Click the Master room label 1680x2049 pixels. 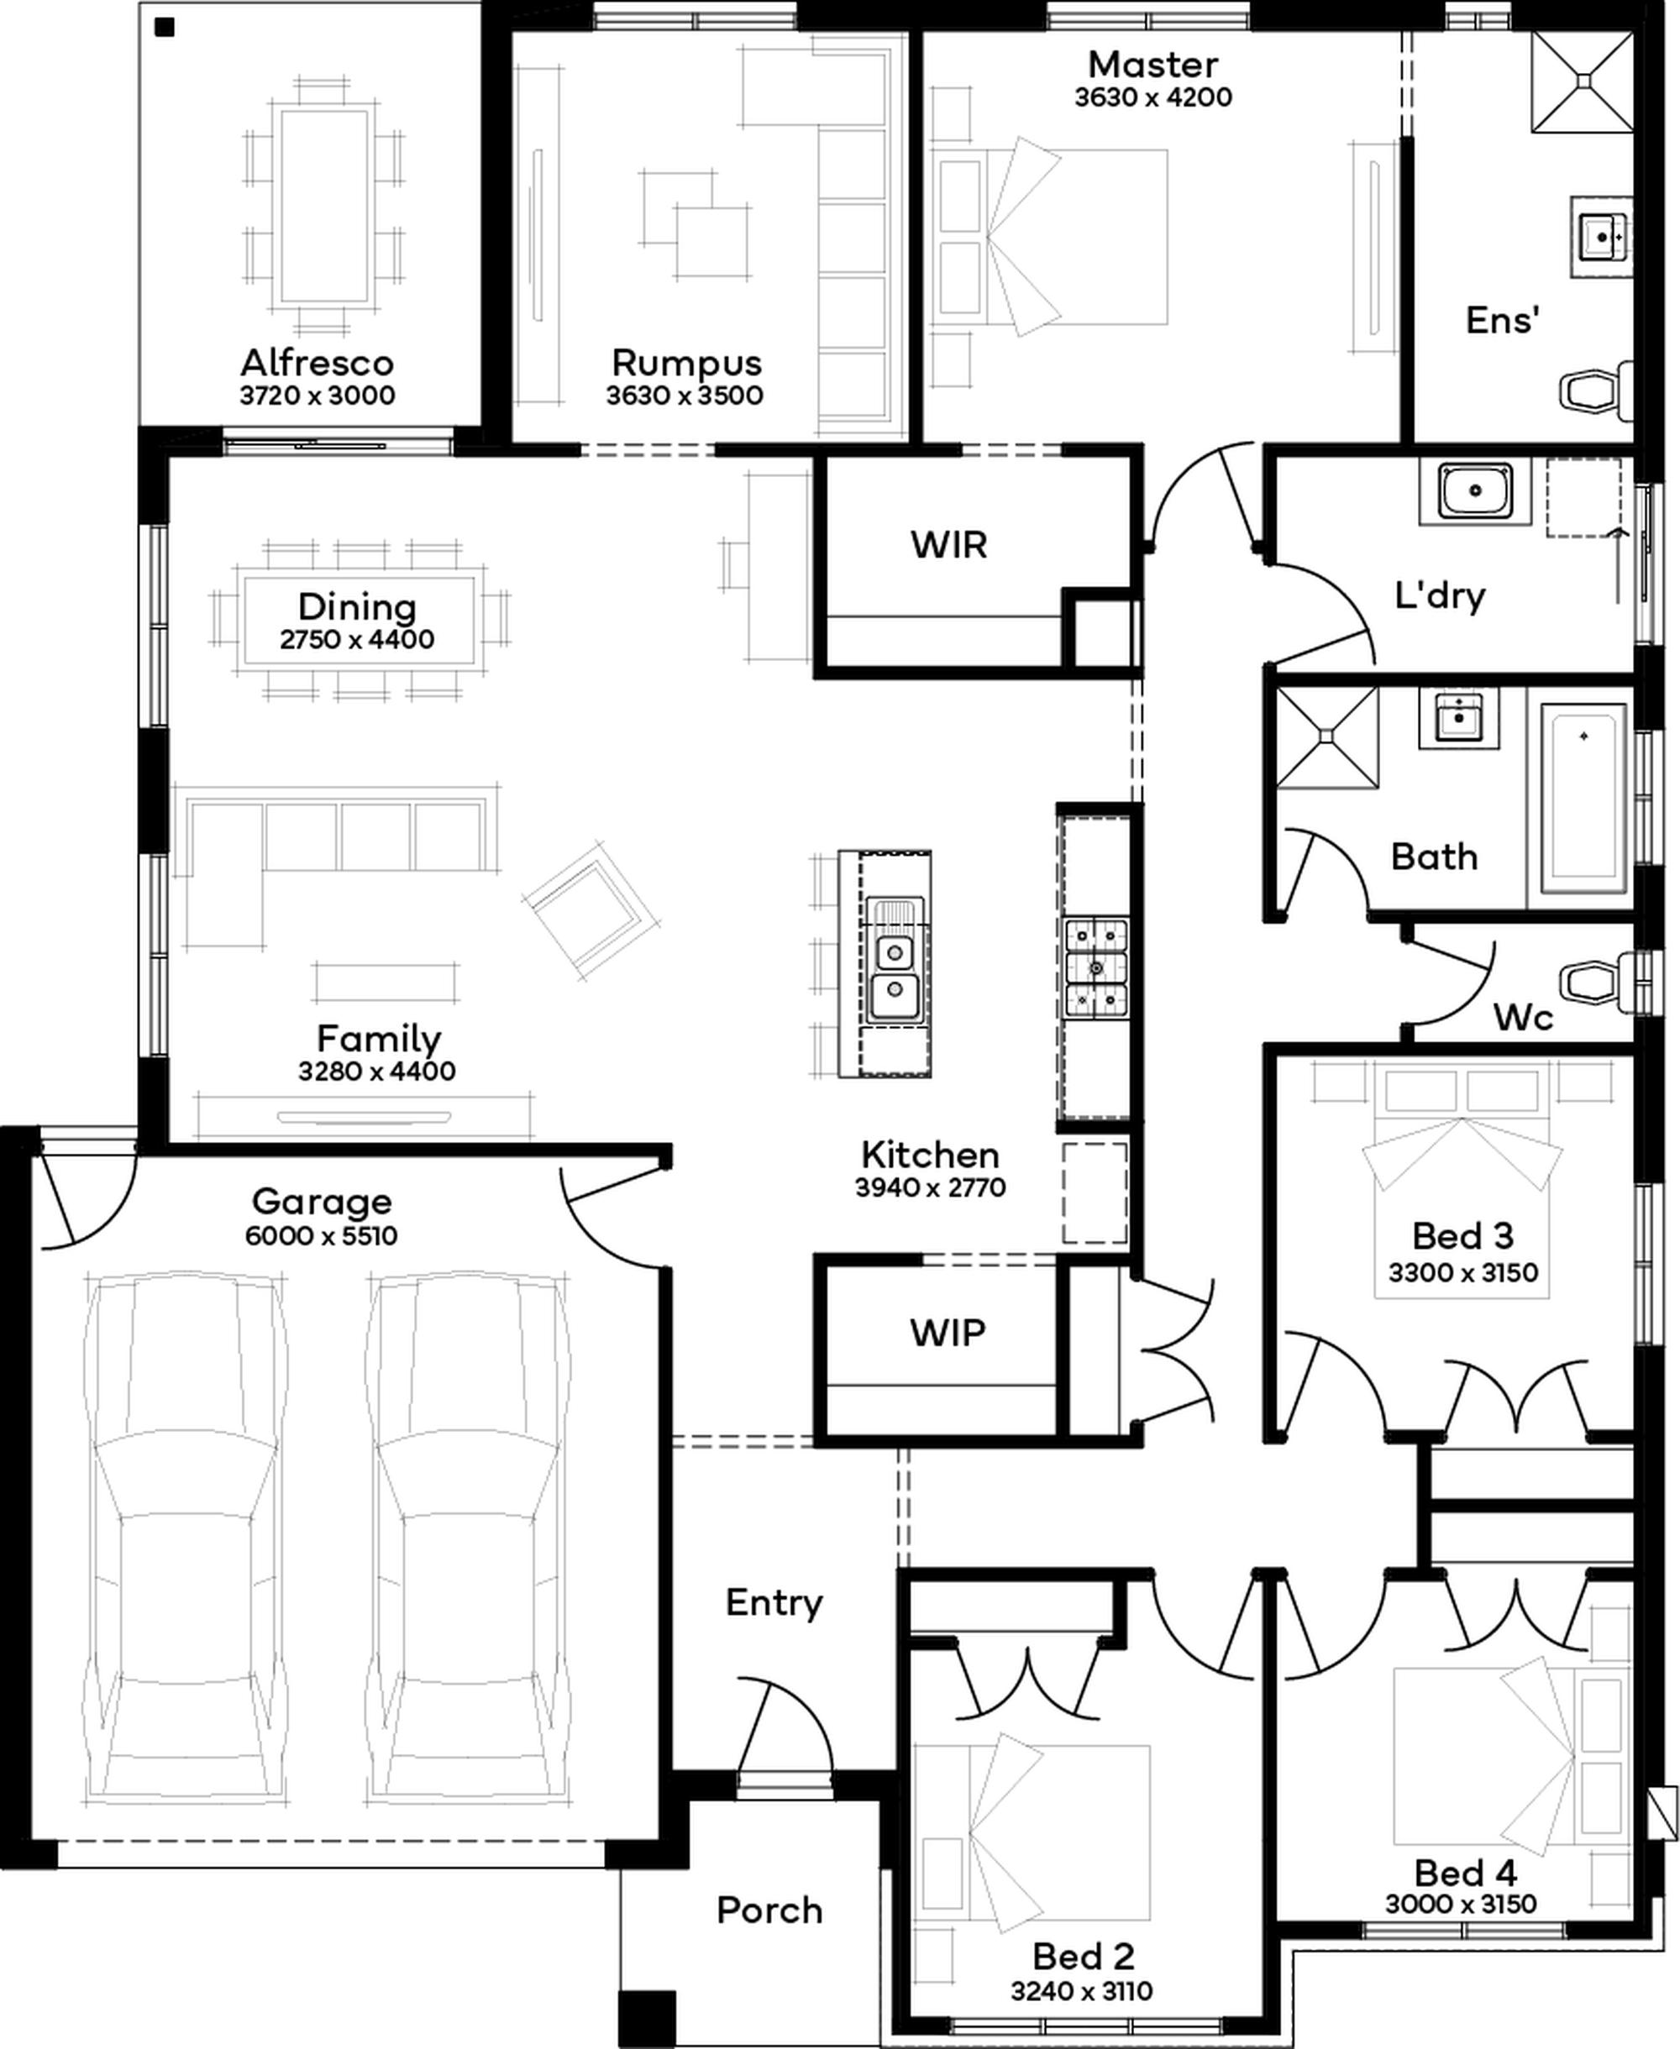tap(1152, 65)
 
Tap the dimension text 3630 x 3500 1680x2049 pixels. tap(685, 395)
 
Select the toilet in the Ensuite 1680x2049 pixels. tap(1596, 390)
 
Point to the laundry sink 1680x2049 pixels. tap(1475, 490)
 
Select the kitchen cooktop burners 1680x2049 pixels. tap(1095, 967)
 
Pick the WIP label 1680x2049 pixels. tap(948, 1332)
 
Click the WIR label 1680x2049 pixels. tap(948, 545)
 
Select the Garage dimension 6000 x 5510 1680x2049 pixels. tap(321, 1235)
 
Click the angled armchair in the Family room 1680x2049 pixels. tap(591, 909)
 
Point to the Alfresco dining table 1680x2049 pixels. tap(324, 206)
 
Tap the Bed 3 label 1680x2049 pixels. tap(1462, 1235)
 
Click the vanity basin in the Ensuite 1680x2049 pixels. tap(1602, 236)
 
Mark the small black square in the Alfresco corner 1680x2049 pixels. tap(165, 27)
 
